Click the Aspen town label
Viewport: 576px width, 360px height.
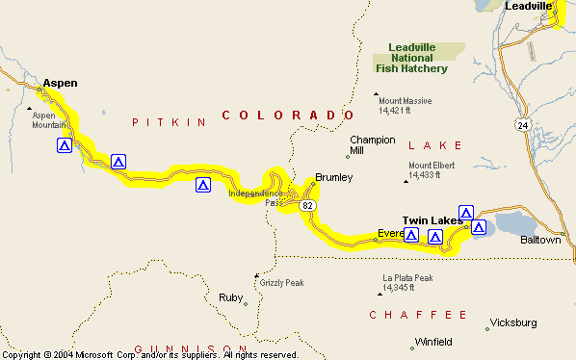pos(60,83)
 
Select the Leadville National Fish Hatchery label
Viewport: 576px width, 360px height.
pos(418,58)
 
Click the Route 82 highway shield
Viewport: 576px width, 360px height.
pos(306,205)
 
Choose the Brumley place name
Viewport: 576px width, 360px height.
pos(334,177)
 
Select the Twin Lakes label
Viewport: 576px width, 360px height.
pos(432,220)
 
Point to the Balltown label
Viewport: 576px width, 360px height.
pos(540,240)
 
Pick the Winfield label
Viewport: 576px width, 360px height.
pos(432,342)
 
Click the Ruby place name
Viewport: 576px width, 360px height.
pos(230,297)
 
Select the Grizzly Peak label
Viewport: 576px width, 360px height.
pos(282,283)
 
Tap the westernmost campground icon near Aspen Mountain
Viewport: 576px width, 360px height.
pos(64,146)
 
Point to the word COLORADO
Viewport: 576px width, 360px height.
pos(283,116)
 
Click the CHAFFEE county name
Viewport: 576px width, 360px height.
pos(418,315)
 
